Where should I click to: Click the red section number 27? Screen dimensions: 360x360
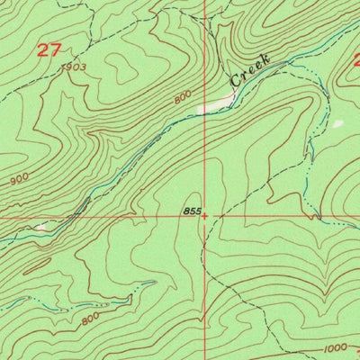(x=49, y=49)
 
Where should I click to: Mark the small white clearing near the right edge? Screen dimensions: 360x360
(x=337, y=123)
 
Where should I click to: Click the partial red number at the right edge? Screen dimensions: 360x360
(x=355, y=61)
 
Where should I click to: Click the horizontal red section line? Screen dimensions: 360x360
(x=108, y=217)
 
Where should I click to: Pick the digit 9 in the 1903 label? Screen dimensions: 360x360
(x=69, y=67)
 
